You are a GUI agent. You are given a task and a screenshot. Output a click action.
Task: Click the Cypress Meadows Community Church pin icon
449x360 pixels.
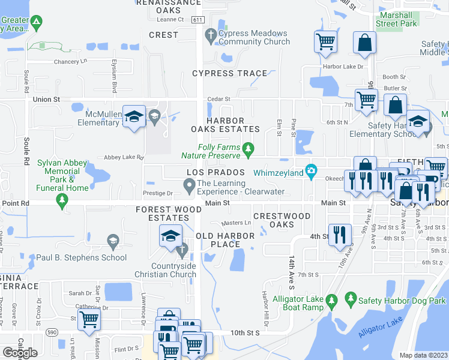coord(210,36)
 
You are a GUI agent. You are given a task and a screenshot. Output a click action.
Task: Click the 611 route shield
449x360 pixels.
coord(197,20)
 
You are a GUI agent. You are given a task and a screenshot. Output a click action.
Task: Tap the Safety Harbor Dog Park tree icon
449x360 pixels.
coord(350,299)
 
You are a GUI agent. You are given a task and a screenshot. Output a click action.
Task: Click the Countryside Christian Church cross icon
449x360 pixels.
coord(181,248)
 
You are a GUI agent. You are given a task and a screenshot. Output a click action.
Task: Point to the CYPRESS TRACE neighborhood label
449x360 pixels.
coord(229,73)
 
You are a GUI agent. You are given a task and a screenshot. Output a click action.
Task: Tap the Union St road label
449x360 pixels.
coord(47,98)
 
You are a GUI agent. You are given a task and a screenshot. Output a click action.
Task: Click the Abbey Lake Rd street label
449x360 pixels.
coord(124,157)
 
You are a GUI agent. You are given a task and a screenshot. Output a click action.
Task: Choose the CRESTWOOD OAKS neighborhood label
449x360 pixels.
coord(282,220)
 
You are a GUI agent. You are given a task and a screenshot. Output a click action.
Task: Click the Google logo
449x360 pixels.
coord(20,353)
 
